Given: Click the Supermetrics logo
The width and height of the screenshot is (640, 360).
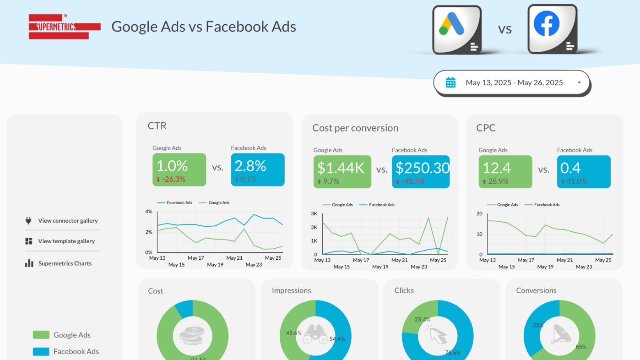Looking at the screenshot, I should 64,27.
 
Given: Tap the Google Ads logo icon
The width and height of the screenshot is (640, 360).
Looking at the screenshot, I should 456,29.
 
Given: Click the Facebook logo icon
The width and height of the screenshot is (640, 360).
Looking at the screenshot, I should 552,28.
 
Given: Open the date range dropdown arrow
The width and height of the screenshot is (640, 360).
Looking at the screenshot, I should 579,83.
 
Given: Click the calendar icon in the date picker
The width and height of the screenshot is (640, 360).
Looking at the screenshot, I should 450,82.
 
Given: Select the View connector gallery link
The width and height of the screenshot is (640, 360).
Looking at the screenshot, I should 68,221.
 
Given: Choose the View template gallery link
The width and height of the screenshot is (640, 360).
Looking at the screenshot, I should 66,241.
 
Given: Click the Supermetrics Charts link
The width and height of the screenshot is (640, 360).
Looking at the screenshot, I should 65,263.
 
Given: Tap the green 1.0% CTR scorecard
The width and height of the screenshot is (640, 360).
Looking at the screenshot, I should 179,169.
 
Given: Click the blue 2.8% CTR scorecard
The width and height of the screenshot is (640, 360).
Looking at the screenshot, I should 257,169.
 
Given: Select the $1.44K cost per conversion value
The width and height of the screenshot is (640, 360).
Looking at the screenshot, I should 342,168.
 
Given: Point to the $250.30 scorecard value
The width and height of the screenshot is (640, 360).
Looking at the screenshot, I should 422,168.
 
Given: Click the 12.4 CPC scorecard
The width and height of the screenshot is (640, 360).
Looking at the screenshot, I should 505,171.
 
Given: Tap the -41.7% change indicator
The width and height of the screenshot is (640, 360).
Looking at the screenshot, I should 412,181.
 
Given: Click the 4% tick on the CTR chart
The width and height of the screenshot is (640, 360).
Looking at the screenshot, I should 148,212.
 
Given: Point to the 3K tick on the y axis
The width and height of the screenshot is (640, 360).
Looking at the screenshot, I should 314,213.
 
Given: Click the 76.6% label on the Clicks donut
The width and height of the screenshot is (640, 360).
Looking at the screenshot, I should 452,353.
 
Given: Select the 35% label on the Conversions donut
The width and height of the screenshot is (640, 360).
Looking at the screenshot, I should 537,326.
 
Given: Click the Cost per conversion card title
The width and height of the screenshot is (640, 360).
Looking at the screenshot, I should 355,128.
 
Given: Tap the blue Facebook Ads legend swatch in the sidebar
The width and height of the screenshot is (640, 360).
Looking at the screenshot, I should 41,352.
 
